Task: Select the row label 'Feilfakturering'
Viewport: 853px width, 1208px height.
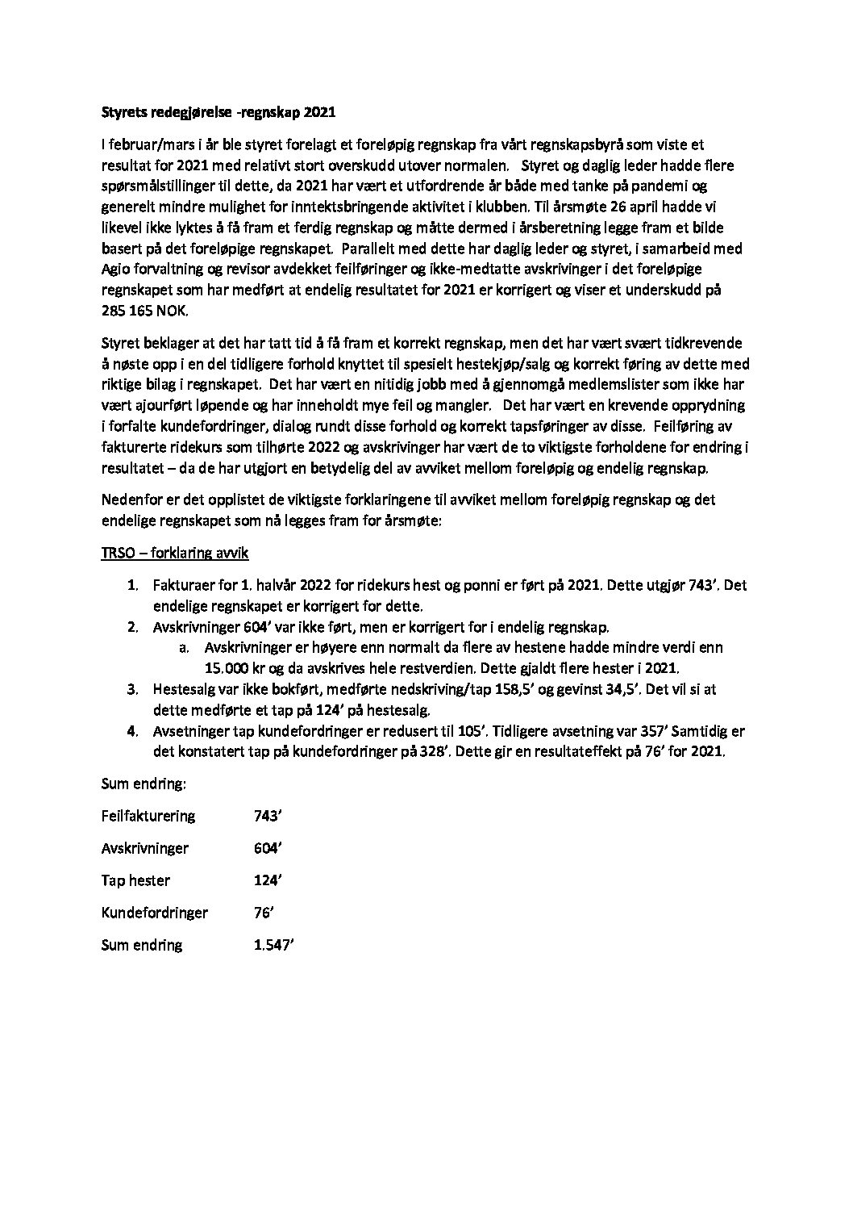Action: tap(148, 816)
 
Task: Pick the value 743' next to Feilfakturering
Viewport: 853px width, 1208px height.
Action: tap(266, 816)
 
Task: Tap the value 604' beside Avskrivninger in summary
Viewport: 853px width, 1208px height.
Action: tap(266, 848)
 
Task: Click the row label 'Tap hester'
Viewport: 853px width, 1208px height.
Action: tap(135, 880)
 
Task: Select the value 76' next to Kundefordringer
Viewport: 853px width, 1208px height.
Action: tap(263, 913)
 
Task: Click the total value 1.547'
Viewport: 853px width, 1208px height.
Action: tap(273, 945)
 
